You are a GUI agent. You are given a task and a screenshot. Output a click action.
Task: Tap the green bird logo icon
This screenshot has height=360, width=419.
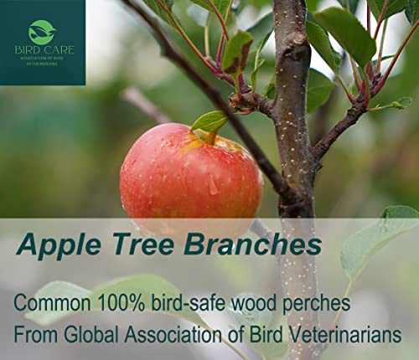(x=42, y=32)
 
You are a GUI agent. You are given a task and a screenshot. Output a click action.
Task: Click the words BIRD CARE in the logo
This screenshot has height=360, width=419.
(x=44, y=50)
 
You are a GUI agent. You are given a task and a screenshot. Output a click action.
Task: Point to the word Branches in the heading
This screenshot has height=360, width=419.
(x=253, y=244)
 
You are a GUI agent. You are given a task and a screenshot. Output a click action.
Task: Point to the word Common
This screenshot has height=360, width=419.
(x=53, y=303)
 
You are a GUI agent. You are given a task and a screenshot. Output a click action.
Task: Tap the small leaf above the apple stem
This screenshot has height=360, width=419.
(x=210, y=121)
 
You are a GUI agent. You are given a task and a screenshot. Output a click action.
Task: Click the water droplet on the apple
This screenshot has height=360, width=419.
(x=213, y=184)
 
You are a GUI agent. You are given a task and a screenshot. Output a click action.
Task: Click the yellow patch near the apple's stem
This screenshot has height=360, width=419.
(x=192, y=145)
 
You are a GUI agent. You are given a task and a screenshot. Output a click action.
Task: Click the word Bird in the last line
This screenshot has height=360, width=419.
(x=266, y=334)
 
